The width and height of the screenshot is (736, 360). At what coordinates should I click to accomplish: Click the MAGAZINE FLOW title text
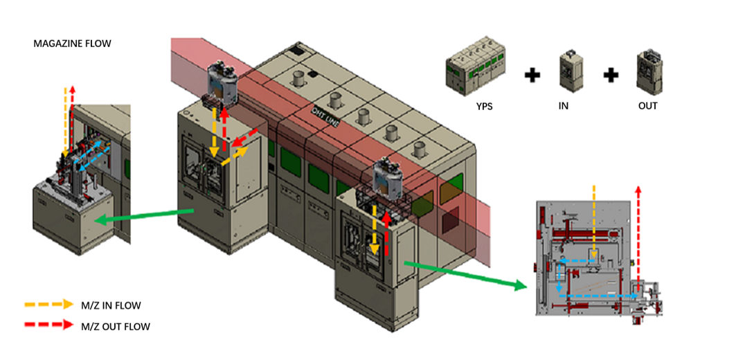(x=72, y=44)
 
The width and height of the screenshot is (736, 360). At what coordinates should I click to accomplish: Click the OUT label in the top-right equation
(x=648, y=106)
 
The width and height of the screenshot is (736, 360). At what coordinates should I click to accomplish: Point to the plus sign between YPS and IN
(x=532, y=75)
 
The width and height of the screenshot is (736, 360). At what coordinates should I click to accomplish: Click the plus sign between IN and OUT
(x=610, y=75)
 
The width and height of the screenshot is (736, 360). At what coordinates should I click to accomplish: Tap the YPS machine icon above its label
(x=475, y=73)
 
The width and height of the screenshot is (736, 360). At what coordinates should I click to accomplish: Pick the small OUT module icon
(x=649, y=72)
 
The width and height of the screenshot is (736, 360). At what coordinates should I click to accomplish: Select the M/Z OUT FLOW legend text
(x=116, y=325)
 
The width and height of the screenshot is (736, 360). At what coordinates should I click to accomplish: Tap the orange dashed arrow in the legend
(x=48, y=304)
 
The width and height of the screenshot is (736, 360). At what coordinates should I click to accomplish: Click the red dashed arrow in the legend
(x=48, y=324)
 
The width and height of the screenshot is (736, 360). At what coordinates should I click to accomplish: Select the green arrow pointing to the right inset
(x=461, y=273)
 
